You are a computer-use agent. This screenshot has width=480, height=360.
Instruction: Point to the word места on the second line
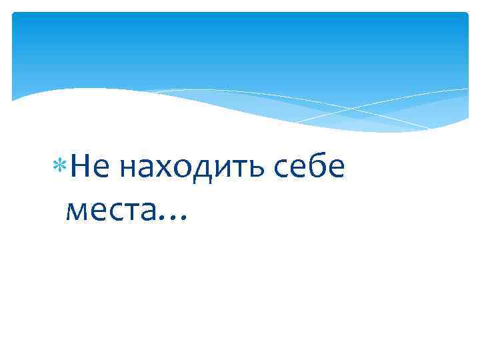111,211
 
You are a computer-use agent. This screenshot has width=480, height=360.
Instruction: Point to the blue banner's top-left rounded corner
15,15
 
